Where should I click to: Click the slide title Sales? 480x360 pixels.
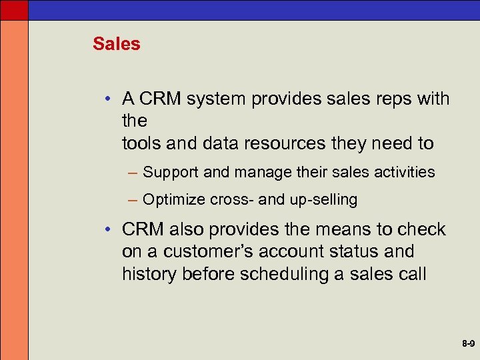tap(117, 44)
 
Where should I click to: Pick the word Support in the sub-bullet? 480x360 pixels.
tap(171, 173)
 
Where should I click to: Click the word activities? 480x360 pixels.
tap(404, 172)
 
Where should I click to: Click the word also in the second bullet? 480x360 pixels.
tap(188, 229)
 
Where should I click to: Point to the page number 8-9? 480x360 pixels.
tap(467, 345)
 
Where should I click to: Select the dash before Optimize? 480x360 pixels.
tap(133, 200)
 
